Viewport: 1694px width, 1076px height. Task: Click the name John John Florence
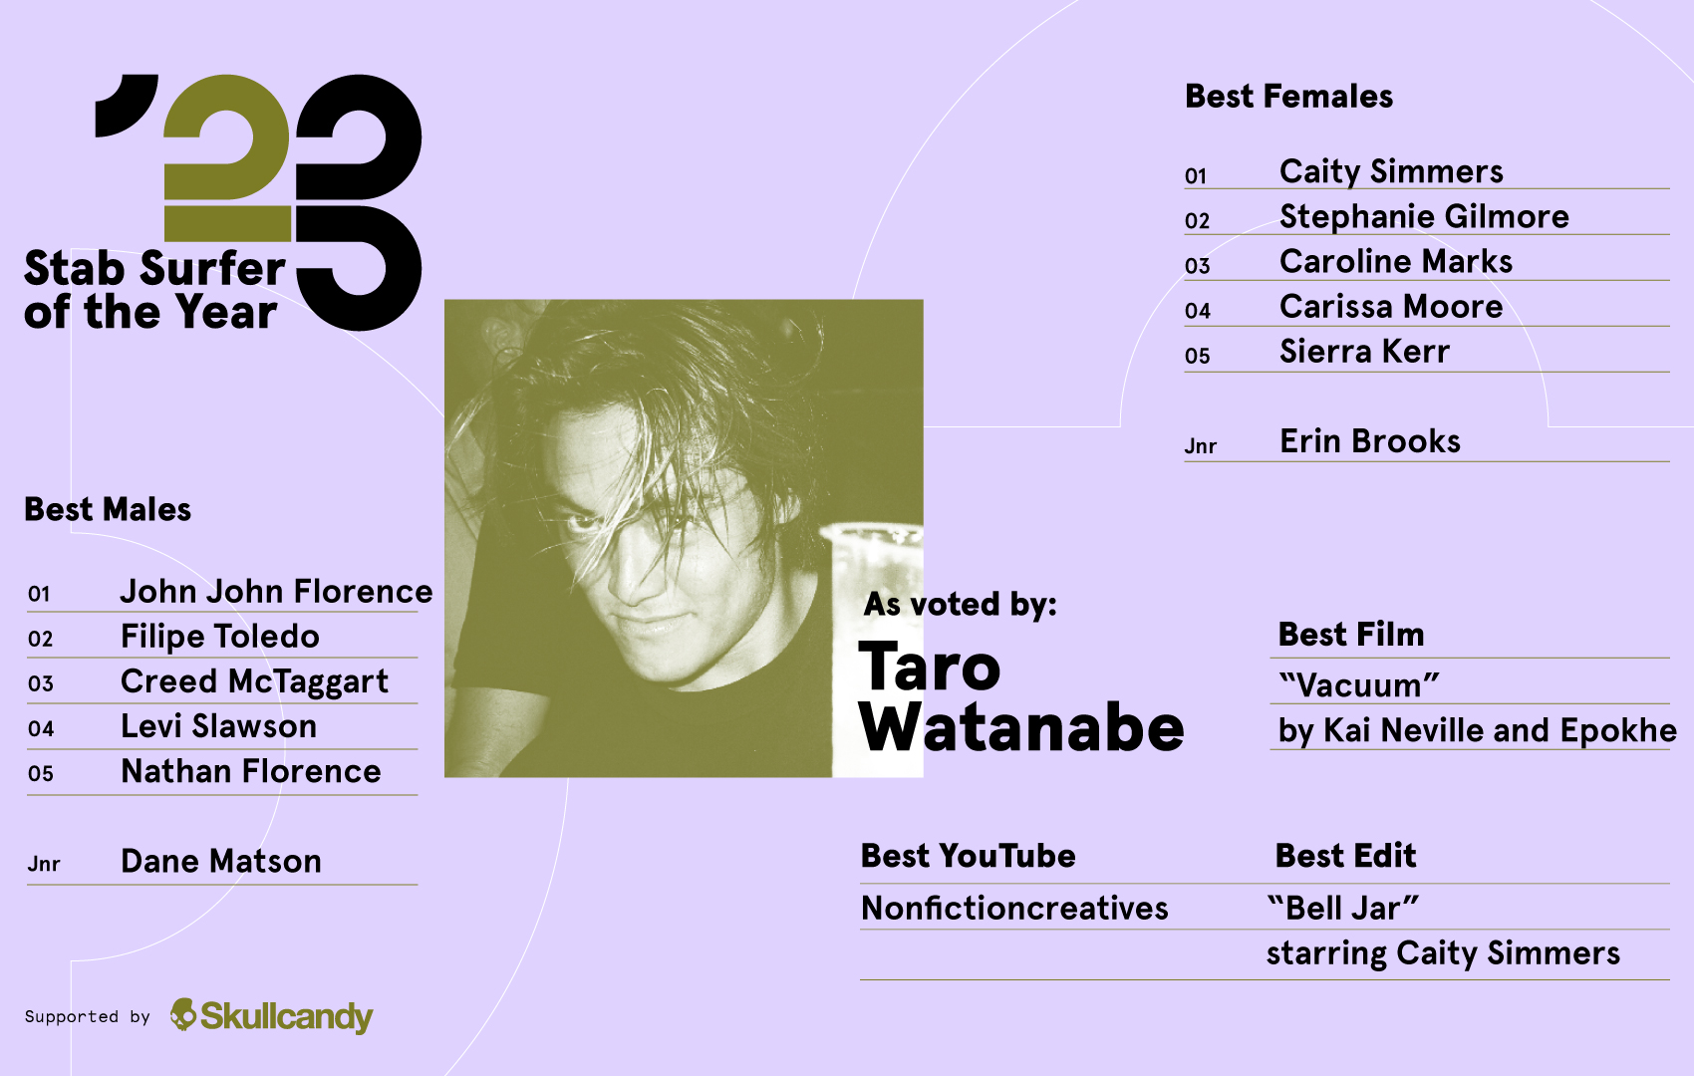click(276, 592)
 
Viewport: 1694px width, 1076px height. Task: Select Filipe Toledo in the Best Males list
click(219, 637)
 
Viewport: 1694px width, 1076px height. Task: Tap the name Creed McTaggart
click(254, 681)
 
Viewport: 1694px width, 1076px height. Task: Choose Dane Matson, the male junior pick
click(220, 862)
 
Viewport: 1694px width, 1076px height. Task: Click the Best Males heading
click(108, 510)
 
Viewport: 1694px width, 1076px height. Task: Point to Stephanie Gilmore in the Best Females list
click(1423, 217)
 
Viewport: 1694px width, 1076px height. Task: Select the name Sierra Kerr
click(1363, 352)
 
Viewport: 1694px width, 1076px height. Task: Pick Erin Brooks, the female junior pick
click(1369, 441)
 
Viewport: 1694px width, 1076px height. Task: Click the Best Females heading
click(1288, 97)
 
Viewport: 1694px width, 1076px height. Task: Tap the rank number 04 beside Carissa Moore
click(1197, 311)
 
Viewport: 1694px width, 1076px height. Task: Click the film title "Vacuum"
click(1359, 685)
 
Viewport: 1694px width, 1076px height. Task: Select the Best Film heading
click(1350, 635)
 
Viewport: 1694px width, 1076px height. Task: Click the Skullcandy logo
click(272, 1015)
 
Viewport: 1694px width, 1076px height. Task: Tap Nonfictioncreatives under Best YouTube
click(1013, 909)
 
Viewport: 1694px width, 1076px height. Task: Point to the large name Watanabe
click(1020, 729)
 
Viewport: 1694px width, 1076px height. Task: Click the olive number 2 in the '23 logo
click(227, 159)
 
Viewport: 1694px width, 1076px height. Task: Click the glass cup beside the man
click(877, 578)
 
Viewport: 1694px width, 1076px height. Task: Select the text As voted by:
click(960, 605)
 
